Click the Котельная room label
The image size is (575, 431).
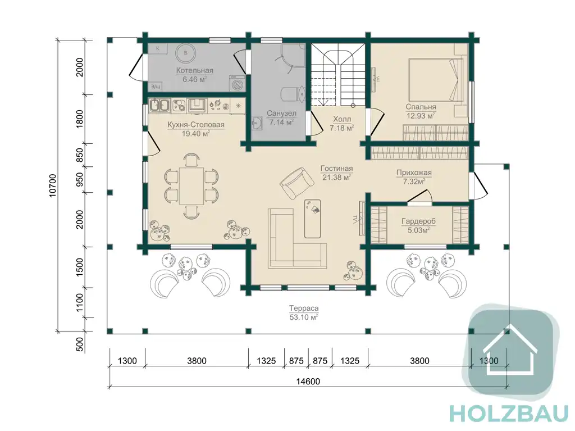(x=194, y=70)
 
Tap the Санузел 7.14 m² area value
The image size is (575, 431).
(x=281, y=123)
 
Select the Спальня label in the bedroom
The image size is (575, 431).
(x=421, y=107)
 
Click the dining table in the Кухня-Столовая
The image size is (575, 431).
(x=191, y=186)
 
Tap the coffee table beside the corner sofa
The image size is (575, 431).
(x=312, y=219)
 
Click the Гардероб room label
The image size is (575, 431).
(x=418, y=221)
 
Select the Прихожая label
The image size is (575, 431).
(x=414, y=173)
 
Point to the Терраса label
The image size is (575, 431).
(x=304, y=308)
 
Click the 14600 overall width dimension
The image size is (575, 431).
(x=308, y=382)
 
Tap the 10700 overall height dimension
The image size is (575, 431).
(x=53, y=185)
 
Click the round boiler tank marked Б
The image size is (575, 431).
(x=185, y=53)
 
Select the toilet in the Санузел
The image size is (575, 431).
(x=292, y=94)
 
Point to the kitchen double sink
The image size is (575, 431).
(x=159, y=106)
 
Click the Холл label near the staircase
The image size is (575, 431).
(x=342, y=119)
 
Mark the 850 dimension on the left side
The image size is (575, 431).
(x=80, y=155)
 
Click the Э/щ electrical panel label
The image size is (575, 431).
(x=156, y=87)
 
